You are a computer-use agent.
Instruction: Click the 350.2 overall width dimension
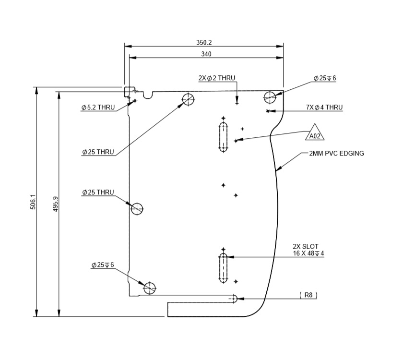(204, 43)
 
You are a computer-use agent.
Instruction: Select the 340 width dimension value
(206, 54)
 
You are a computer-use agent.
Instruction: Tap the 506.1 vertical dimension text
(32, 202)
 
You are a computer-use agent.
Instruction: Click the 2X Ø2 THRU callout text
(217, 78)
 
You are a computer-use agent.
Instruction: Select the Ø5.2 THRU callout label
(98, 108)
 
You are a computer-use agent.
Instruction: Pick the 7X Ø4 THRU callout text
(324, 107)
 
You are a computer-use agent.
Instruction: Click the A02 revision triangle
(315, 134)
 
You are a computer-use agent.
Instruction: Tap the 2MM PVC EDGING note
(336, 154)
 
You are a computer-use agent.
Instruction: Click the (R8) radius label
(308, 295)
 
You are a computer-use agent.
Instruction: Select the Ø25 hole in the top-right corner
(269, 97)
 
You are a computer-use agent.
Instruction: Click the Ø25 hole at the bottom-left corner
(150, 288)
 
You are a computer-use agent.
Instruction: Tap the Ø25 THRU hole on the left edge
(137, 209)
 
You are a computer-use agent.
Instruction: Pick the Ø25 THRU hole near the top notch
(188, 99)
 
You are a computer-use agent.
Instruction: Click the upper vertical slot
(223, 136)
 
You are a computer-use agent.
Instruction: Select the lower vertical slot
(223, 269)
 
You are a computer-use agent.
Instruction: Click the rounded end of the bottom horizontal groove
(234, 298)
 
